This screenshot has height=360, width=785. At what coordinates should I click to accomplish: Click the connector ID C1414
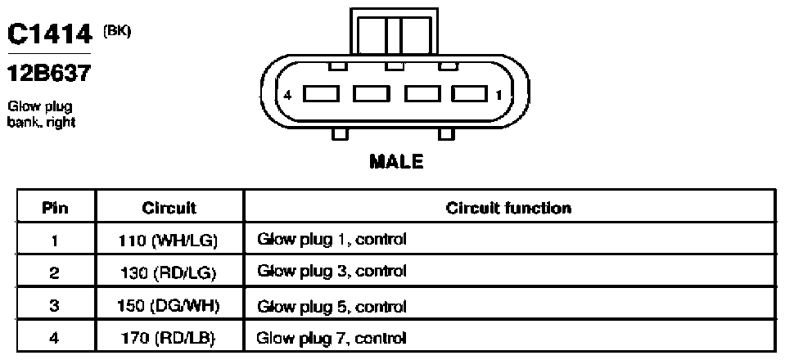tap(50, 34)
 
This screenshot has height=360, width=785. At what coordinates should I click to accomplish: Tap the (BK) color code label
tap(117, 31)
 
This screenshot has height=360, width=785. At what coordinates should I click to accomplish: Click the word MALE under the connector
tap(396, 161)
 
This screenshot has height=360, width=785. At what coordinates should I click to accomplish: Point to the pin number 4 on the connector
tap(287, 95)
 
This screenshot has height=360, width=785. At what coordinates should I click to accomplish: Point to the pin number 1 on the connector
tap(499, 95)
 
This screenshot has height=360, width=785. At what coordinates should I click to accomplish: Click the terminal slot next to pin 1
tap(470, 93)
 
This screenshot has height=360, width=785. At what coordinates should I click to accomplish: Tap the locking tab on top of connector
tap(395, 31)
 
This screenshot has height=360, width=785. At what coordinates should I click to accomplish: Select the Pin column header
tap(55, 208)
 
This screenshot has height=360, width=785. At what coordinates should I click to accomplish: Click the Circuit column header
tap(169, 208)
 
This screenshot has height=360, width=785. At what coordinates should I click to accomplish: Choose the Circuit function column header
tap(508, 208)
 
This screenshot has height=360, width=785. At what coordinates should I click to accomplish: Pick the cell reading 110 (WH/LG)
tap(169, 241)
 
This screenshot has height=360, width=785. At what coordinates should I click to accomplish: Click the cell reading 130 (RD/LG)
tap(169, 273)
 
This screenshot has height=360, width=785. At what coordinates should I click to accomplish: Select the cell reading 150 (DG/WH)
tap(169, 306)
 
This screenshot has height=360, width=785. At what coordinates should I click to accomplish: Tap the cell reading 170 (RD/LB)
tap(169, 338)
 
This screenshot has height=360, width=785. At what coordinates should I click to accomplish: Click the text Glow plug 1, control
tap(332, 241)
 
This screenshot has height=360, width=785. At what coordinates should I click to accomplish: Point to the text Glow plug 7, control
tap(332, 339)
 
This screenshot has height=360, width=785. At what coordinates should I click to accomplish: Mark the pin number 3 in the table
tap(55, 306)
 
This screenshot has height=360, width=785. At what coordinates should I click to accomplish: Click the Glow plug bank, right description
tap(42, 115)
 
